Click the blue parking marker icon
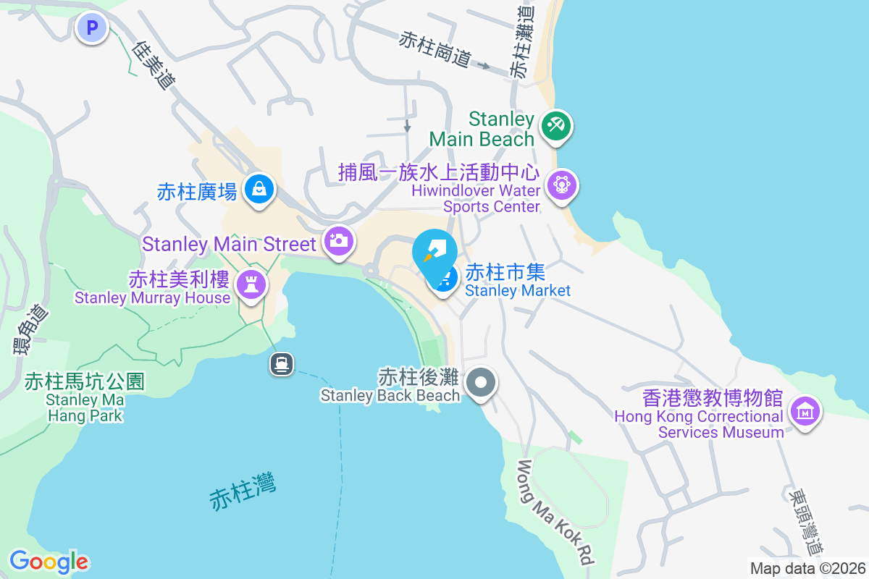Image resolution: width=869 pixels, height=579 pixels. point(92,29)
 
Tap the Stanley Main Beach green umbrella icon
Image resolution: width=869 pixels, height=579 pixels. point(557,127)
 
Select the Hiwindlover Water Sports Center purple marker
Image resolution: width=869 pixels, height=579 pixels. point(563,184)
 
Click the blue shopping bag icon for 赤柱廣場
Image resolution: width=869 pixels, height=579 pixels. point(258,190)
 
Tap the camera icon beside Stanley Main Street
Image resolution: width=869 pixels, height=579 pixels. point(338,240)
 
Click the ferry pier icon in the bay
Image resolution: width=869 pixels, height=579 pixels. point(282,363)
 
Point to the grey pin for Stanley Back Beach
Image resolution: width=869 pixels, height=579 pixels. point(480,381)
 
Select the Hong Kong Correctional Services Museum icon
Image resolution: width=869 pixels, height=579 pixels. point(804,410)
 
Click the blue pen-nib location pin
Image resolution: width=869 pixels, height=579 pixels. point(434,251)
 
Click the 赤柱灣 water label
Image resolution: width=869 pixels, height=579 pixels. point(243,493)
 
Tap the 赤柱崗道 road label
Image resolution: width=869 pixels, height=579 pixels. point(434,49)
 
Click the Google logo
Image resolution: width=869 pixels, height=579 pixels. point(49,561)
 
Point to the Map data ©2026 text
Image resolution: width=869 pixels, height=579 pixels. point(807,568)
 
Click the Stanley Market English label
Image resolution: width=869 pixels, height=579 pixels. point(518,291)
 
